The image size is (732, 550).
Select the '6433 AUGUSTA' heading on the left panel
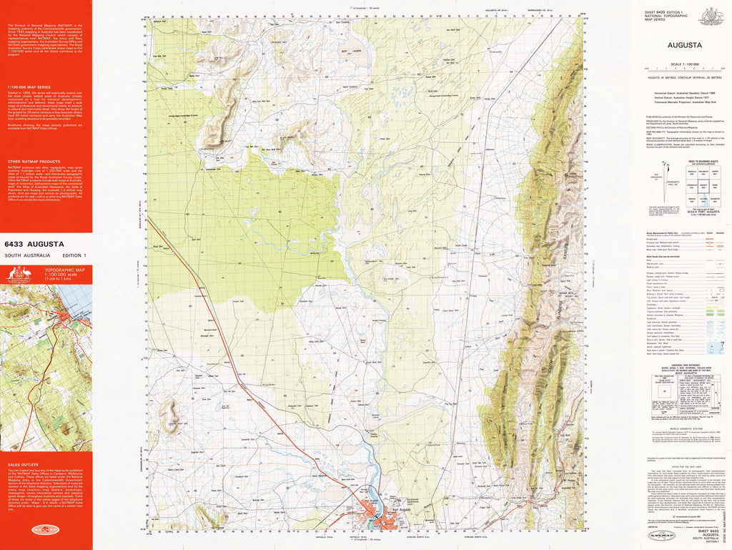(34, 244)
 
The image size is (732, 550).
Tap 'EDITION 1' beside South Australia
(74, 255)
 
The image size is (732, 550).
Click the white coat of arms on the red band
(19, 275)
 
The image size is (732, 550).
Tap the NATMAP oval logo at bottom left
(46, 530)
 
